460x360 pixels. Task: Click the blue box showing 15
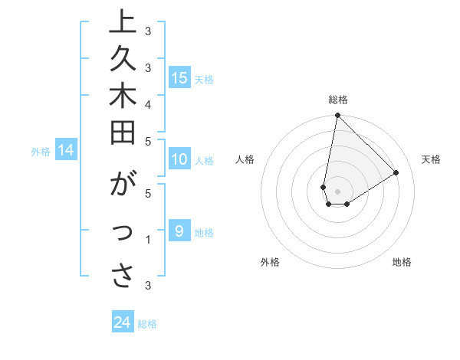coord(179,77)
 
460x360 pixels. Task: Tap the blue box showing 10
coord(179,159)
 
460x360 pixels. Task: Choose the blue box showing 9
coord(178,231)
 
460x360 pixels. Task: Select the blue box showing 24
coord(123,322)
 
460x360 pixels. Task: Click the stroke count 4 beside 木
coord(148,103)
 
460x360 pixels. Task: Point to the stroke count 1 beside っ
coord(148,240)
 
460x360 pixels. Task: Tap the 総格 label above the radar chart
coord(338,100)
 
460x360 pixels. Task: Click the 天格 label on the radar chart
coord(431,159)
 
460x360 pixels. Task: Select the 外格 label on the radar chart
coord(270,262)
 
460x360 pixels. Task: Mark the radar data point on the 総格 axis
coord(337,116)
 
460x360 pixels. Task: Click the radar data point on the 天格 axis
coord(396,173)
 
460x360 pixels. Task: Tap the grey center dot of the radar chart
coord(337,191)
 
